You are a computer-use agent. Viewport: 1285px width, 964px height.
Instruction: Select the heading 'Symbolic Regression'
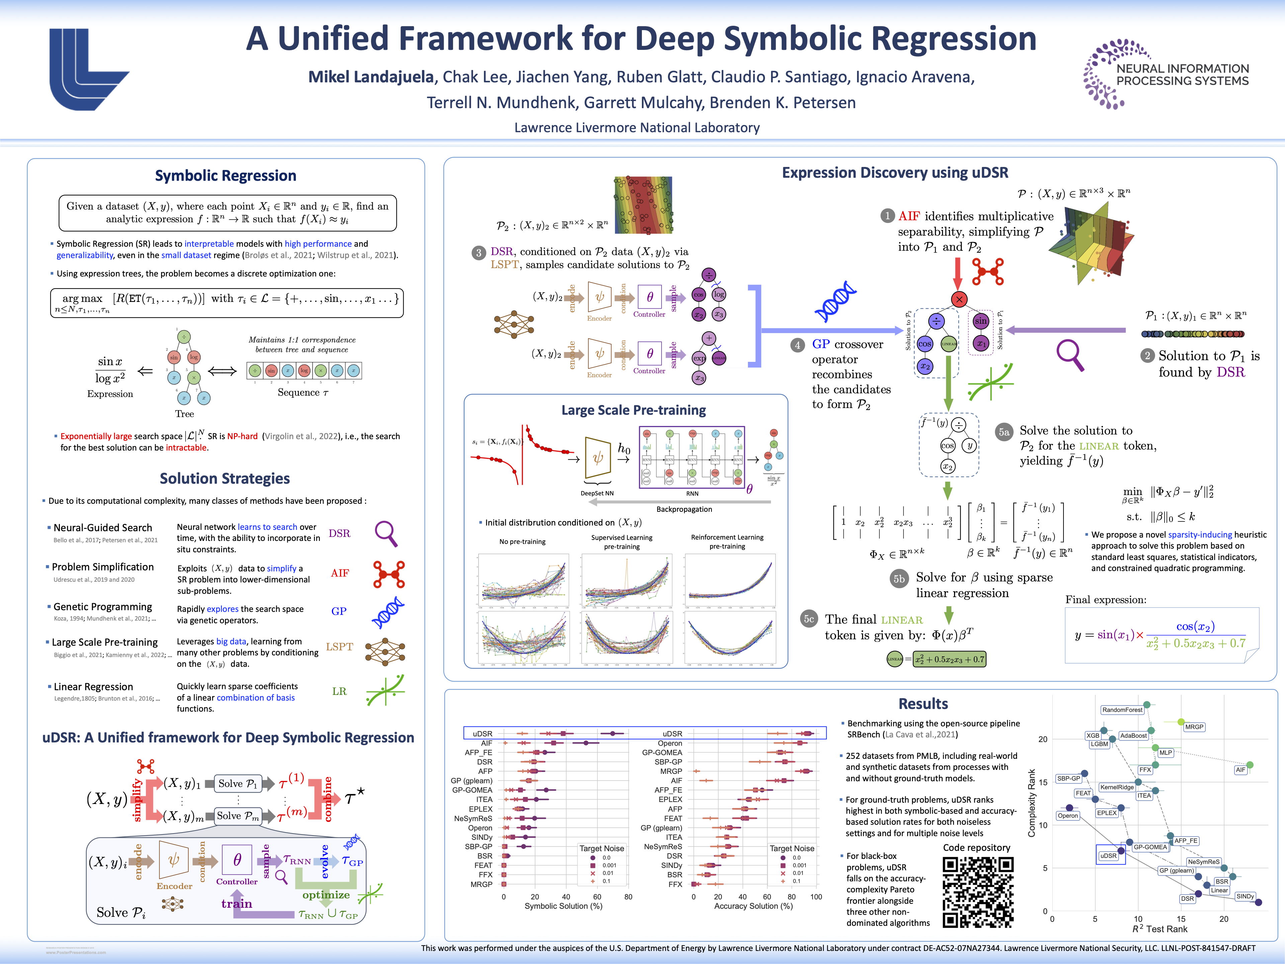(x=226, y=175)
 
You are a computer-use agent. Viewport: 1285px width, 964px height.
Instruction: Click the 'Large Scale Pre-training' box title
(x=633, y=410)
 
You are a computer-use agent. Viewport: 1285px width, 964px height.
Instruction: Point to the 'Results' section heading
(x=923, y=704)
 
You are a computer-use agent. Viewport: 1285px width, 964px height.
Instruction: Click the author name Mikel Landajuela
(x=371, y=77)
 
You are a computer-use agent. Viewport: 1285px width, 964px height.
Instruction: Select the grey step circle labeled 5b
(x=899, y=578)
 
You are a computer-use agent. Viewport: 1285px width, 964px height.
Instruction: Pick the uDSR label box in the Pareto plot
(x=1108, y=855)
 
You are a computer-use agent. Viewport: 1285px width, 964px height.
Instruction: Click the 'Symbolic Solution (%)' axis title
(x=563, y=906)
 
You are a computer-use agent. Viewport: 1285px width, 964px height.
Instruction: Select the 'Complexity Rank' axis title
(x=1032, y=803)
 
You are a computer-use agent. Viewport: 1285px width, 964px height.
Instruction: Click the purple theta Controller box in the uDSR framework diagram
(x=237, y=860)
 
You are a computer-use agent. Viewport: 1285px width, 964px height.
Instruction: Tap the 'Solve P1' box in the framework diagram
(x=238, y=783)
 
